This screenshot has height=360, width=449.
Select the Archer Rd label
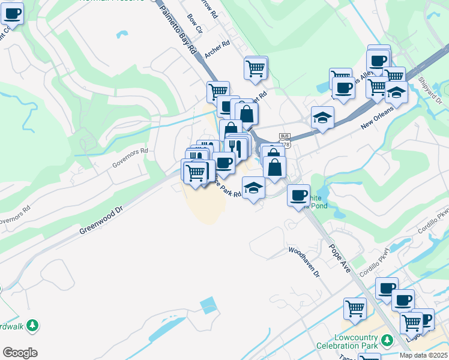(217, 49)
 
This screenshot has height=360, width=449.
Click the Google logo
(20, 352)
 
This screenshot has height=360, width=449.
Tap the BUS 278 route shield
(285, 140)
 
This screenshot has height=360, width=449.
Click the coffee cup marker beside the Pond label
(298, 196)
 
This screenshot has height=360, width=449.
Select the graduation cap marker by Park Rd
(253, 188)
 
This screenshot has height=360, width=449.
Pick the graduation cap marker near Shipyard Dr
(396, 93)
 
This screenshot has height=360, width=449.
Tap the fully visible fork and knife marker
(238, 146)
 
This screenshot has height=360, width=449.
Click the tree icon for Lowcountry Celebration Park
(388, 340)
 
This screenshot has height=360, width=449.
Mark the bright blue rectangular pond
(208, 305)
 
